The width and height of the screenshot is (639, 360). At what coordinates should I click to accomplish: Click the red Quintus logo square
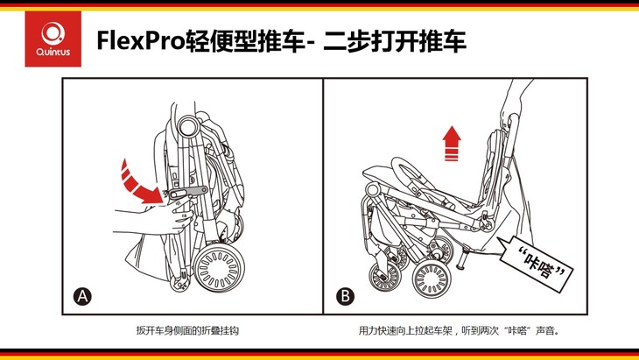pos(53,39)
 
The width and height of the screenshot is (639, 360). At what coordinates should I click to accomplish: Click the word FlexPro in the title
pos(141,41)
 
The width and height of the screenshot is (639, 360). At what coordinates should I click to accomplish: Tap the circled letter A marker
pos(82,296)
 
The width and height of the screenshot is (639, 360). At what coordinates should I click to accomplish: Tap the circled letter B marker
pos(345,296)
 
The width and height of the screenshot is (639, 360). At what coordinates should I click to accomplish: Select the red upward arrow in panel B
pos(452,143)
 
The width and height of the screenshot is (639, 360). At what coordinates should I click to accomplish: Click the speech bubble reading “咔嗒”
pos(536,263)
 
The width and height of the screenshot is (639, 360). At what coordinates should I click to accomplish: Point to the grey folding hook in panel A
pos(186,193)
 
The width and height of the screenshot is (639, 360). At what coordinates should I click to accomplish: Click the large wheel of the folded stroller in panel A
pos(219,268)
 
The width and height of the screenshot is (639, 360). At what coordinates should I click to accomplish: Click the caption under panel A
pos(187,330)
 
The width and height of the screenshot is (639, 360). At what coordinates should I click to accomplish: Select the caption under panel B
pos(460,330)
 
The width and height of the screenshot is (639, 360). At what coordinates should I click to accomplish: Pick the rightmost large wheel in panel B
pos(432,280)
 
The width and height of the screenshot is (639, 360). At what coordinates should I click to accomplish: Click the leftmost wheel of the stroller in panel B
pos(385,277)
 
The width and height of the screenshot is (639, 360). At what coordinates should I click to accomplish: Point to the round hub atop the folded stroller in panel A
pos(188,126)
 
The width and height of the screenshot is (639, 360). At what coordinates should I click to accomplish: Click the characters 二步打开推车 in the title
pos(395,41)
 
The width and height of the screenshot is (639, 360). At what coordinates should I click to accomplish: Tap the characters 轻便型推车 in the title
pos(245,41)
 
